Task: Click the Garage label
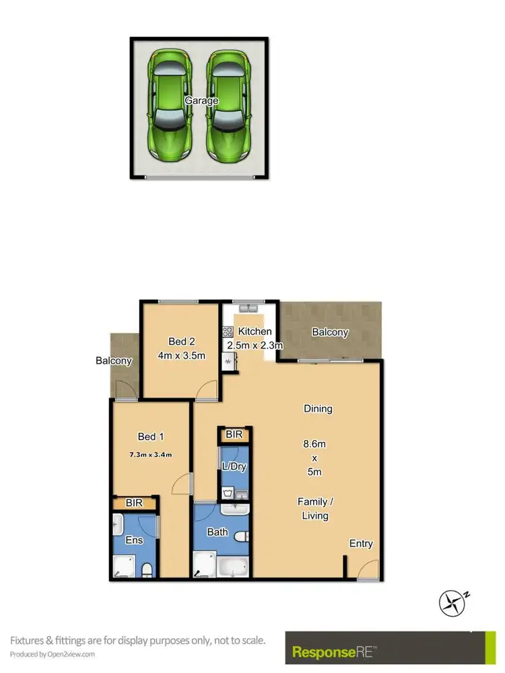tap(202, 101)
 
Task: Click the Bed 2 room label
tap(181, 341)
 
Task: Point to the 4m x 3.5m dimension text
tap(181, 355)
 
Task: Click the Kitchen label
tap(255, 331)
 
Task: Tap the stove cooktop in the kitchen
tap(227, 331)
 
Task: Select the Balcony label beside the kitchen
tap(330, 332)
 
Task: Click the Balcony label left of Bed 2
tap(114, 361)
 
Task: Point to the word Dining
tap(318, 409)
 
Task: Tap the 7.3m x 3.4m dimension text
tap(151, 454)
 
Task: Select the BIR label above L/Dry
tap(234, 435)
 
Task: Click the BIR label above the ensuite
tap(133, 503)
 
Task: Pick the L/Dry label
tap(234, 466)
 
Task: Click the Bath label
tap(217, 532)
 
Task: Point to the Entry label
tap(361, 544)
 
